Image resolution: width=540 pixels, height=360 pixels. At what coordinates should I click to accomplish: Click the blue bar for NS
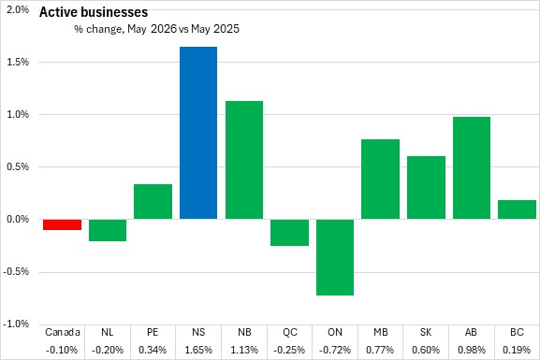pyautogui.click(x=198, y=133)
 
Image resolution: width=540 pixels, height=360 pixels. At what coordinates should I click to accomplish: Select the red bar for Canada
pyautogui.click(x=63, y=224)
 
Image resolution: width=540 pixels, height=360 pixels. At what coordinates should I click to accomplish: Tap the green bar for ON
pyautogui.click(x=335, y=257)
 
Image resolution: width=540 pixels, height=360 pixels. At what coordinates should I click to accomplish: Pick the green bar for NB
pyautogui.click(x=244, y=160)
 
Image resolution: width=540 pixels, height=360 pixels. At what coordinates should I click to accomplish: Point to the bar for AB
pyautogui.click(x=472, y=168)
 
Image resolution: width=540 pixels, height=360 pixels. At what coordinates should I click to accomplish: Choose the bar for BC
pyautogui.click(x=517, y=209)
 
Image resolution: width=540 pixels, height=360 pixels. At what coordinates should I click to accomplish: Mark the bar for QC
pyautogui.click(x=289, y=232)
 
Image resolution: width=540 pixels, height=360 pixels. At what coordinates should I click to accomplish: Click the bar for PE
pyautogui.click(x=153, y=202)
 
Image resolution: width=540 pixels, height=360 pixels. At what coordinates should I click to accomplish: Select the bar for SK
pyautogui.click(x=426, y=188)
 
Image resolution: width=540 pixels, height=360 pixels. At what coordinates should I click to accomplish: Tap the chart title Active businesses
pyautogui.click(x=94, y=12)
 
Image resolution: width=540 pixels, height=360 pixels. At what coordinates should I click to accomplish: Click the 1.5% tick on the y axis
pyautogui.click(x=18, y=62)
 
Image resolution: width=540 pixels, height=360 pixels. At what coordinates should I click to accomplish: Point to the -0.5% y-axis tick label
pyautogui.click(x=16, y=271)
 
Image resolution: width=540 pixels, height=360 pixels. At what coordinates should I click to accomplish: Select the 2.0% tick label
pyautogui.click(x=18, y=9)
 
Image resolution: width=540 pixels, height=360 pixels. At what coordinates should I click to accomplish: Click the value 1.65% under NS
pyautogui.click(x=198, y=350)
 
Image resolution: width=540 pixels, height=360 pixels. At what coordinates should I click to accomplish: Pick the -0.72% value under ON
pyautogui.click(x=335, y=350)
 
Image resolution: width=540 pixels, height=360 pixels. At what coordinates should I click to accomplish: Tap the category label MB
pyautogui.click(x=381, y=332)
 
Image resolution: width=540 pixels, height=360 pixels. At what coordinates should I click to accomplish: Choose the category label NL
pyautogui.click(x=108, y=332)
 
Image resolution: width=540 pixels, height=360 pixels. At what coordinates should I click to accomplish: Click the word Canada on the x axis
pyautogui.click(x=63, y=332)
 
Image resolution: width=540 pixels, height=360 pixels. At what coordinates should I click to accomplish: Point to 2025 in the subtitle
pyautogui.click(x=226, y=29)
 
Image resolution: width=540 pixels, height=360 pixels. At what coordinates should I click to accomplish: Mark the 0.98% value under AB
pyautogui.click(x=472, y=350)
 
